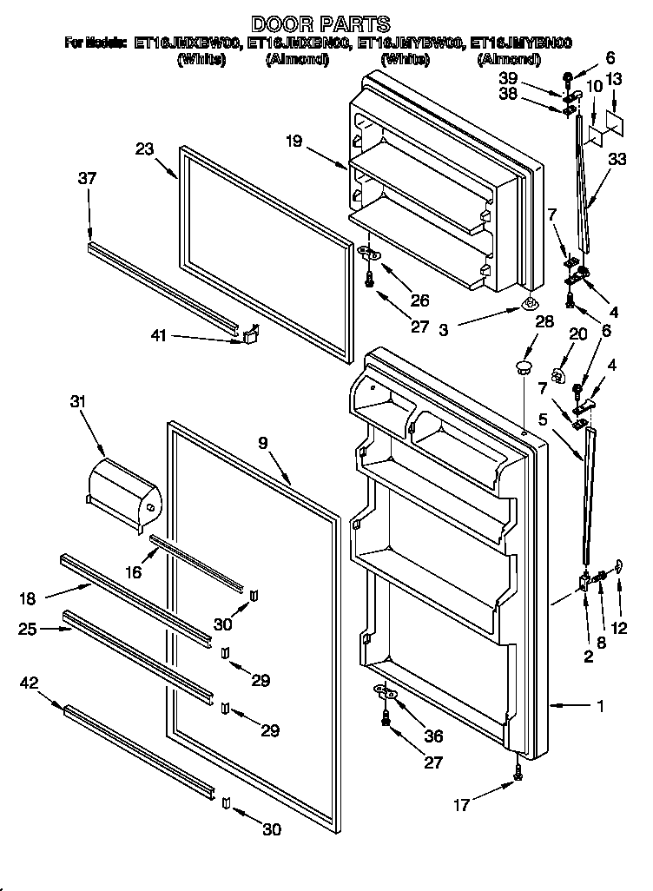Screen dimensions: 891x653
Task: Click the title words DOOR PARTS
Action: [320, 24]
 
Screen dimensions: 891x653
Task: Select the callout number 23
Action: [144, 148]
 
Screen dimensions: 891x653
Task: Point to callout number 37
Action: [87, 179]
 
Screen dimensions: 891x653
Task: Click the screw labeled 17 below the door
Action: [518, 769]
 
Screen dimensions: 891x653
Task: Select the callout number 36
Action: [432, 736]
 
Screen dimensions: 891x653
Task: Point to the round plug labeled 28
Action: [523, 367]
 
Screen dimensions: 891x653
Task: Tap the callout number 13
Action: [615, 80]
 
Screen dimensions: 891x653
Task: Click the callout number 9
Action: [263, 442]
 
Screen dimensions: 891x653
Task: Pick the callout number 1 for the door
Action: [599, 707]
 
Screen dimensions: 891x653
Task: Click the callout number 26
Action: [420, 302]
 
